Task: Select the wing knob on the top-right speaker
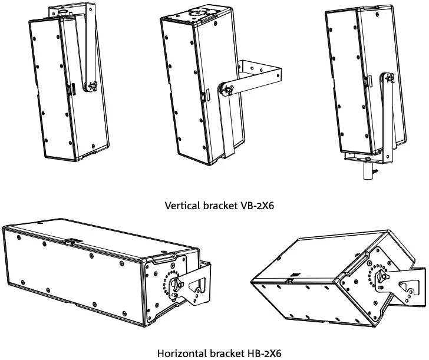(x=389, y=78)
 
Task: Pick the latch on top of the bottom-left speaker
(x=71, y=241)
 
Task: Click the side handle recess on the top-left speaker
(x=71, y=89)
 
